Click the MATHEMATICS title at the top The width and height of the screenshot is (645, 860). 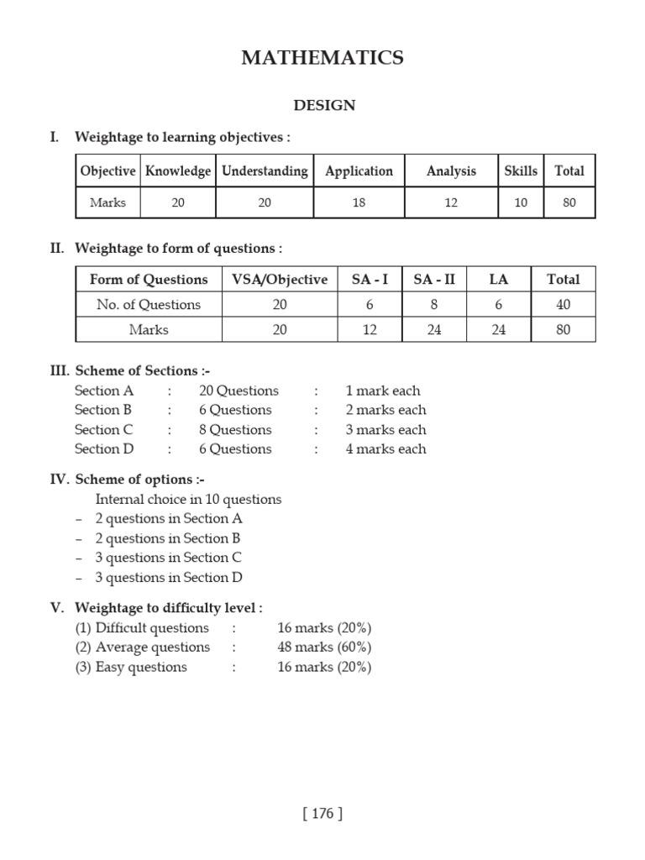point(322,58)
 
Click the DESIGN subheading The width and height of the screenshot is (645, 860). point(324,106)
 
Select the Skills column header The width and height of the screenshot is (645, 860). point(521,171)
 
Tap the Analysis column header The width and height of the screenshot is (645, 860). point(451,171)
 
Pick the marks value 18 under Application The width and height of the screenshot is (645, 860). point(359,203)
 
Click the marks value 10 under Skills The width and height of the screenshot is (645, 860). point(521,203)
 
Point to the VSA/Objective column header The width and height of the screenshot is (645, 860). point(280,280)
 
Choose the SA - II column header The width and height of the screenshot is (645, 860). point(434,280)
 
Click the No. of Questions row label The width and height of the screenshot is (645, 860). point(149,305)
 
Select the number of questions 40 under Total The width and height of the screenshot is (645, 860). point(563,305)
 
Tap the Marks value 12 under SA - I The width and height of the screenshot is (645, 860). point(370,330)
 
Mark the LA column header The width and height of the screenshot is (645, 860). point(499,280)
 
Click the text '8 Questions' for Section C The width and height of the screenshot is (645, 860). point(235,430)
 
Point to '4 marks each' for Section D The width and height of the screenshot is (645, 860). point(385,449)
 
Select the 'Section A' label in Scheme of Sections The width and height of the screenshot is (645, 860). point(104,391)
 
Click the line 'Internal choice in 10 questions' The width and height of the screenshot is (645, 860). point(188,500)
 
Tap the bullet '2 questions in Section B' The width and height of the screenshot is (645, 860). point(168,538)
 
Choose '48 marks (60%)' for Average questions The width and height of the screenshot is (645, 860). point(324,648)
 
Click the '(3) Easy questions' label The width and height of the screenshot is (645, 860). point(131,668)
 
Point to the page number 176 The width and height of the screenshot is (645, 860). point(322,813)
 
